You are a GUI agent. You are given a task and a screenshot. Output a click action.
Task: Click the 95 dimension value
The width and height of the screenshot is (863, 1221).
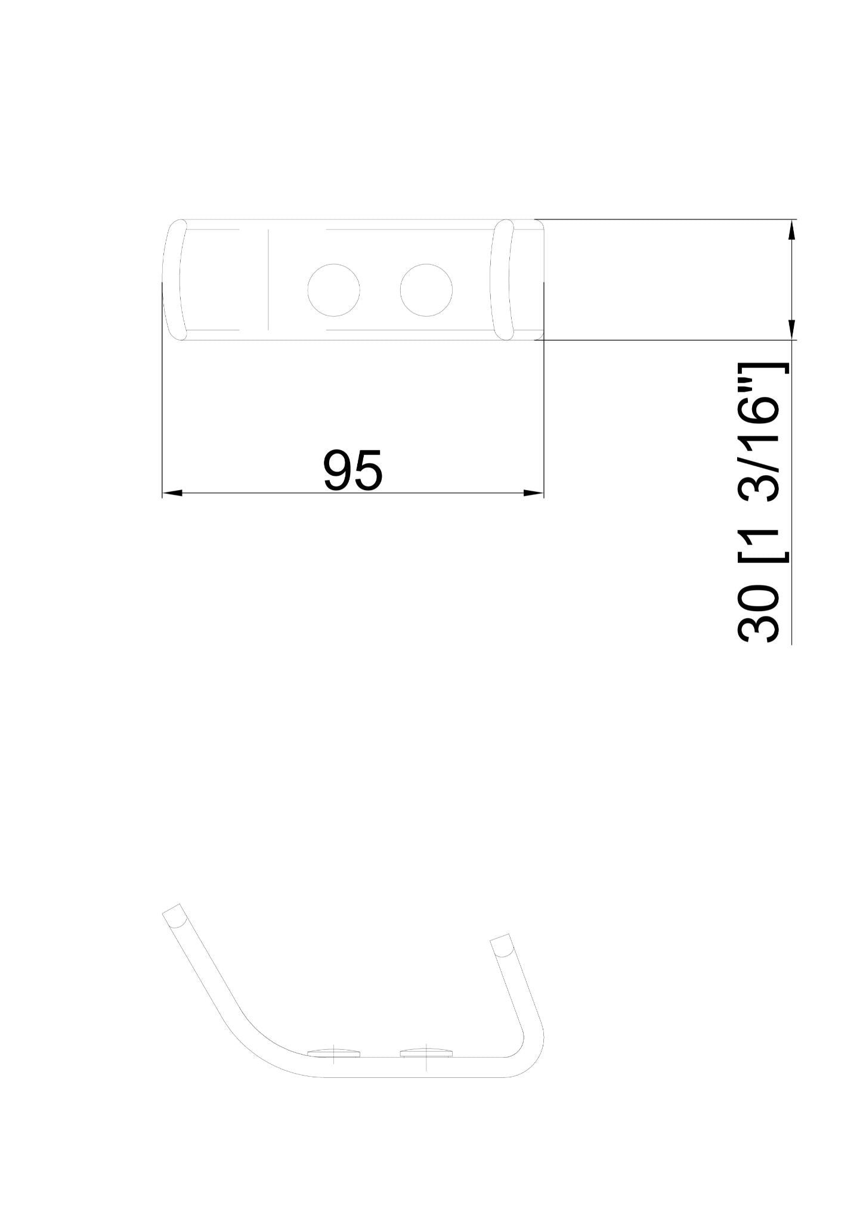352,470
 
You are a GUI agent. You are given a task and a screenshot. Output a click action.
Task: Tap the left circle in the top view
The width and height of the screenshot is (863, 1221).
333,290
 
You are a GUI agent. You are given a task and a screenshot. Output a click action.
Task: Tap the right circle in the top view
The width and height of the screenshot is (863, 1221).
426,290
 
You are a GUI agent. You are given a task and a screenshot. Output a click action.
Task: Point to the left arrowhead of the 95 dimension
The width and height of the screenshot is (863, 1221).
172,493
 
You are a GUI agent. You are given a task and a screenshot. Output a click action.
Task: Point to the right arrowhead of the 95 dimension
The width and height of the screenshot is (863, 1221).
534,493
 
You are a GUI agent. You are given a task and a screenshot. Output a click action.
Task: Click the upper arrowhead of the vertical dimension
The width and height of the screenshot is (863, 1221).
791,230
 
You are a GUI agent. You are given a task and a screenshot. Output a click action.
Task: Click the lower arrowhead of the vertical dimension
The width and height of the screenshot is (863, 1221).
791,330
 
